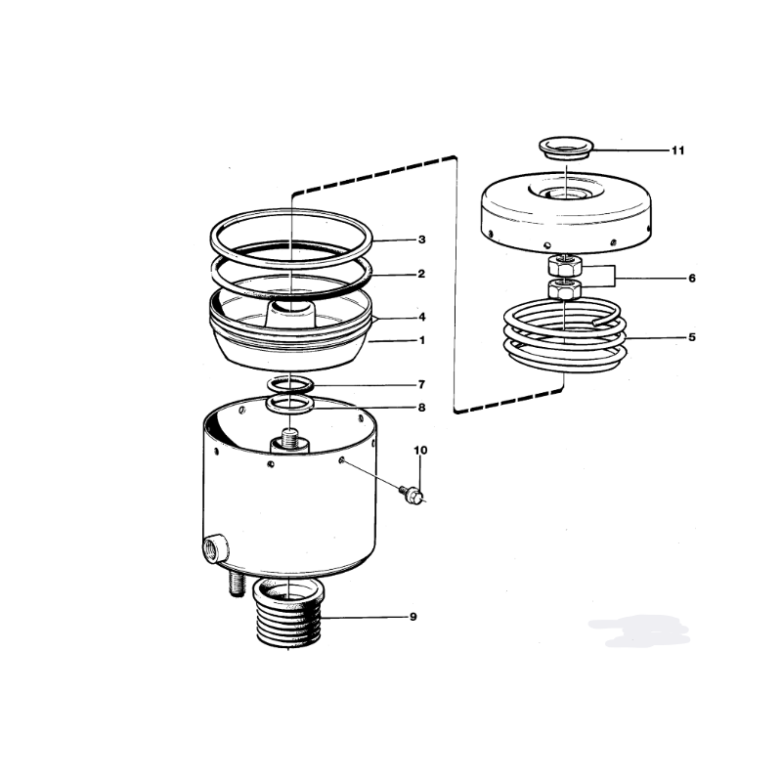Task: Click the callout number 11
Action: click(x=677, y=151)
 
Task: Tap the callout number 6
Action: click(x=692, y=278)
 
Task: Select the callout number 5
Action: click(x=692, y=337)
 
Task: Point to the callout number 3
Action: click(x=422, y=239)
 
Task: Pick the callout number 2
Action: click(x=421, y=274)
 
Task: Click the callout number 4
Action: click(x=422, y=317)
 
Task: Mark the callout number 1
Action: click(x=422, y=340)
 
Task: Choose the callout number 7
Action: click(x=422, y=384)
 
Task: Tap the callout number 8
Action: click(x=422, y=408)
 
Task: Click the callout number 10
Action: click(x=420, y=451)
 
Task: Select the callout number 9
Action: click(x=413, y=617)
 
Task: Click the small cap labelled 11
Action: click(x=567, y=149)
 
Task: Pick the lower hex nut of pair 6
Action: click(x=565, y=289)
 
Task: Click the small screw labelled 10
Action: click(x=412, y=494)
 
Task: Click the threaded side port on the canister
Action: click(x=215, y=548)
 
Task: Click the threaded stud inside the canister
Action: click(x=289, y=439)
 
